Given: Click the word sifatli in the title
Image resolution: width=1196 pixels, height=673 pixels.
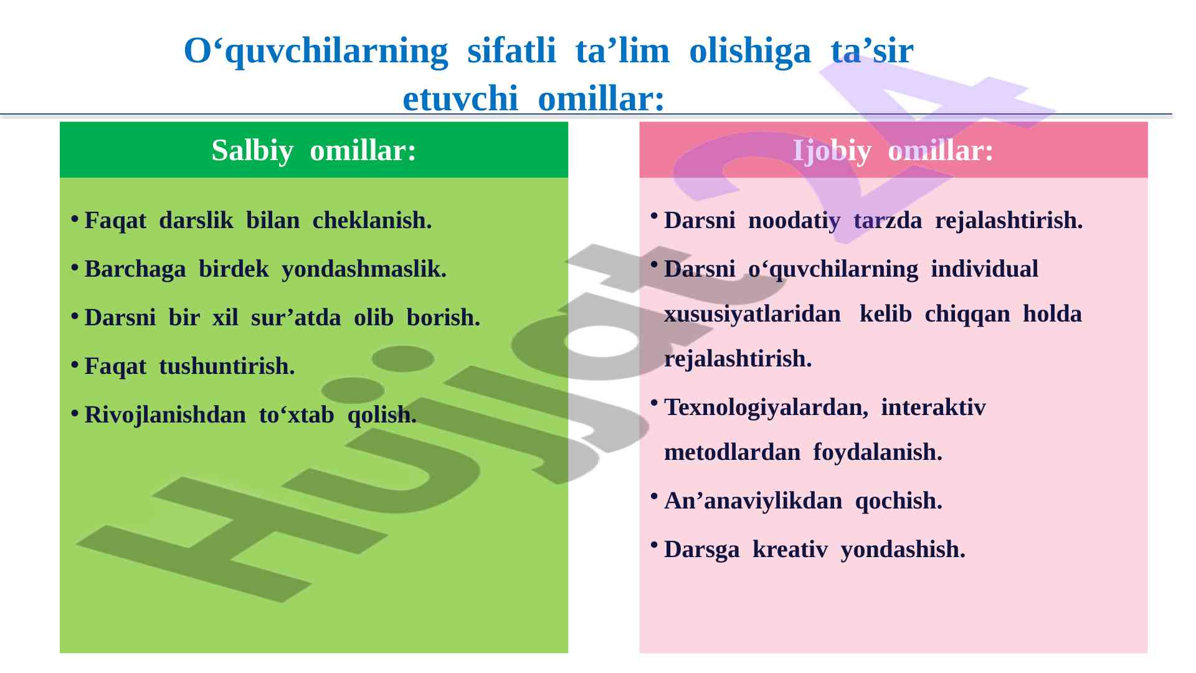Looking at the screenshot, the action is click(x=511, y=50).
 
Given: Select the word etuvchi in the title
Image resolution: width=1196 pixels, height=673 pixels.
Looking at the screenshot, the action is click(x=460, y=98).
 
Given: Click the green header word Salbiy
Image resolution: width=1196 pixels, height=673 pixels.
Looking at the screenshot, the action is click(x=252, y=151).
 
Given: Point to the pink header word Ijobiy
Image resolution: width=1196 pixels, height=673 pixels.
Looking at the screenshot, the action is click(x=832, y=151).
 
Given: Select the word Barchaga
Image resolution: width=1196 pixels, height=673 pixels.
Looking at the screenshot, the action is click(x=135, y=270).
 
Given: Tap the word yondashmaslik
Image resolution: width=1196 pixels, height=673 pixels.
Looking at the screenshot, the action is click(x=364, y=270).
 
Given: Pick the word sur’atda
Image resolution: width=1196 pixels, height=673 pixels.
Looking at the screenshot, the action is click(x=296, y=318).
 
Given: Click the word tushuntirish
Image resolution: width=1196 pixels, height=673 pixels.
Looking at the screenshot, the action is click(x=227, y=366).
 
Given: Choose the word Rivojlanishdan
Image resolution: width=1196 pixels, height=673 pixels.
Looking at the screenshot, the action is click(x=165, y=416).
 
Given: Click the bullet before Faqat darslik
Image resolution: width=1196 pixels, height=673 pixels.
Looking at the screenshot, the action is click(x=74, y=218).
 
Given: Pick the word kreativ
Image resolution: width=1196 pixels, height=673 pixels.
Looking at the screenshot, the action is click(x=790, y=549).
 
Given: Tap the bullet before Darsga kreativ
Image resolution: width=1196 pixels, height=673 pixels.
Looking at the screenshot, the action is click(x=653, y=547).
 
